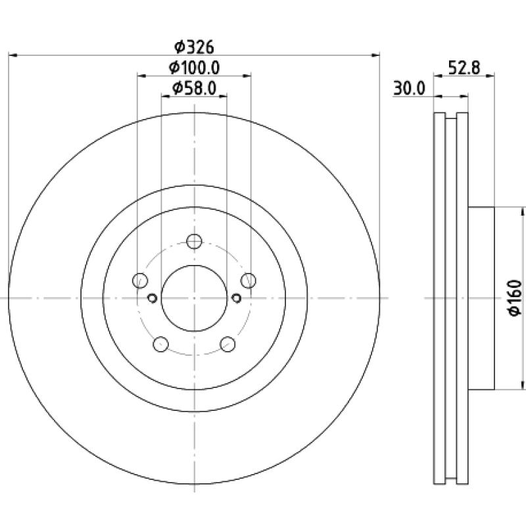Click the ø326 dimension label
coord(194,47)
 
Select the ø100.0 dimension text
coord(194,68)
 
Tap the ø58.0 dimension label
coord(194,89)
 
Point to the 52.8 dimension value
coord(464,68)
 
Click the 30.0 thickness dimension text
coord(409,89)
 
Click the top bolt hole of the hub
coord(194,241)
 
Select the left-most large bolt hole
coord(140,281)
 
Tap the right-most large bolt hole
coord(249,281)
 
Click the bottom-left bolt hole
coord(160,344)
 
